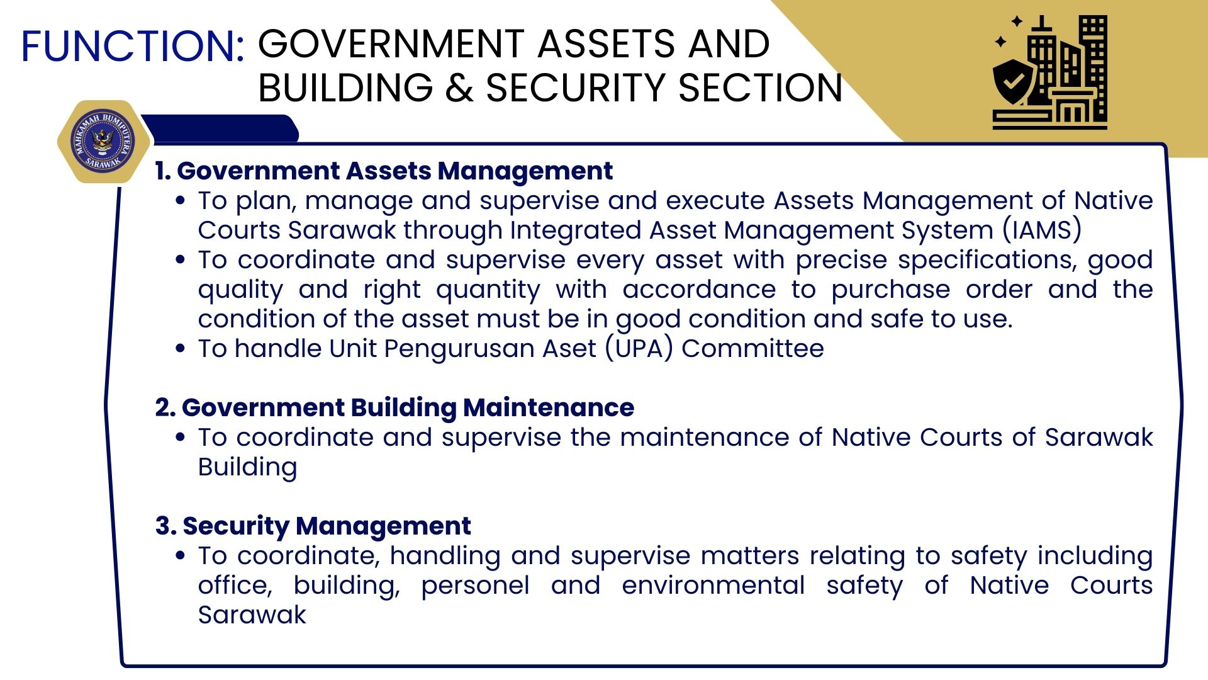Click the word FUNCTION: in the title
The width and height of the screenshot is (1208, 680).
coord(133,46)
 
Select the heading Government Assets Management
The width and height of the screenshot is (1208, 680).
coord(394,171)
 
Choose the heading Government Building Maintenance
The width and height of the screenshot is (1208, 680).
coord(408,407)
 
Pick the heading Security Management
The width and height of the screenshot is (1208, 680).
coord(327,526)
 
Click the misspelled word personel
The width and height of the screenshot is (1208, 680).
coord(475,586)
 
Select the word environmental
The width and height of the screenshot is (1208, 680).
coord(713,585)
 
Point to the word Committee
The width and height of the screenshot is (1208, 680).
coord(752,348)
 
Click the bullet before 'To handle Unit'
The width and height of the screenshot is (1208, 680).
coord(181,348)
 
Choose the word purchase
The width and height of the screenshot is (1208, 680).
coord(890,290)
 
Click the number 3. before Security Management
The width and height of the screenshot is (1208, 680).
coord(165,526)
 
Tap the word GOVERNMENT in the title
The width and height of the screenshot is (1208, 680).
coord(391,44)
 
